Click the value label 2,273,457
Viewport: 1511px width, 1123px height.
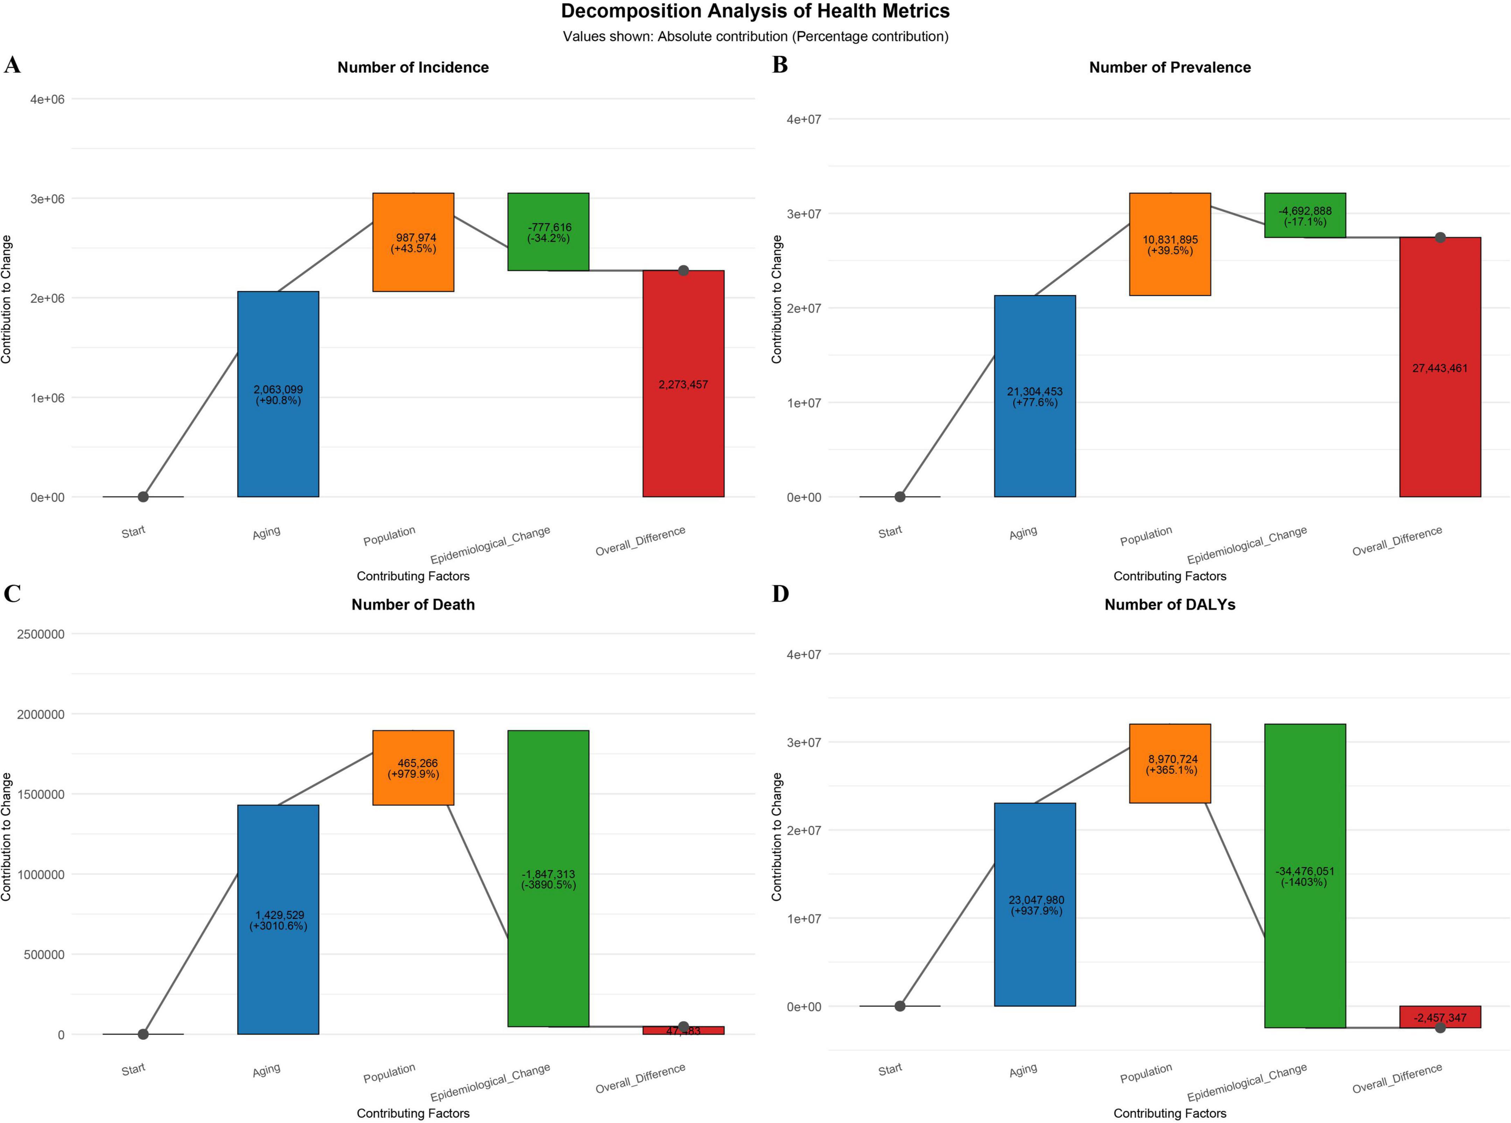point(683,385)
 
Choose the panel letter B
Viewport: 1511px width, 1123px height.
point(780,65)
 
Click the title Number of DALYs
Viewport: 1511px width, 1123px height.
point(1169,604)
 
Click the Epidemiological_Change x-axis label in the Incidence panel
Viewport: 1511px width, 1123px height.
point(490,545)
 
